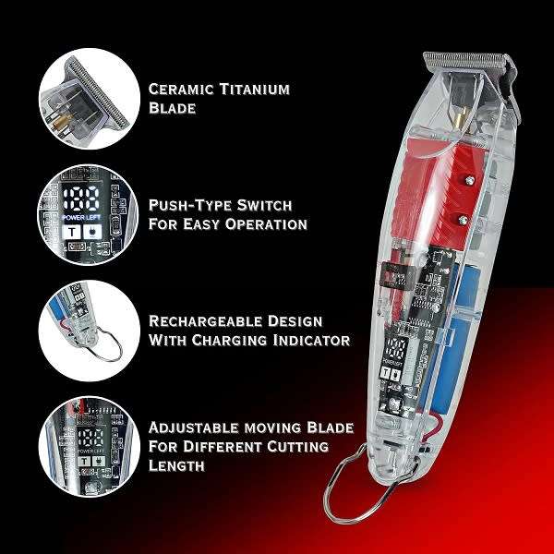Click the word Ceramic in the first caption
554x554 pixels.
[182, 90]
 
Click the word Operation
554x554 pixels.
[267, 224]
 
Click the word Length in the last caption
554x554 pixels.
[176, 467]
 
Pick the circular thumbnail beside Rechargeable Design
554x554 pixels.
[80, 328]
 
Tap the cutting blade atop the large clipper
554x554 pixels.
[469, 64]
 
